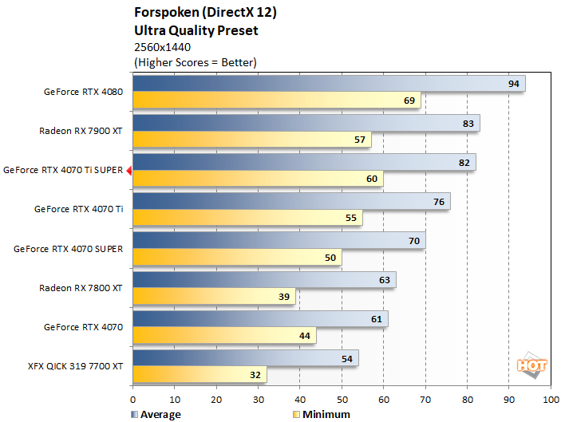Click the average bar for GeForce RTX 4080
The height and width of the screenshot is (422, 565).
(x=328, y=84)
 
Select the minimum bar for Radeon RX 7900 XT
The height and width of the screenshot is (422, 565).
(x=252, y=140)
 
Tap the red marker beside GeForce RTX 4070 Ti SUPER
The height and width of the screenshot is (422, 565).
(x=128, y=169)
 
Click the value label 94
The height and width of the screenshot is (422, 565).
(x=514, y=84)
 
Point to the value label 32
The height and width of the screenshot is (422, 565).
(x=255, y=374)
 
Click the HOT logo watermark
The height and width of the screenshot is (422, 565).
(x=532, y=365)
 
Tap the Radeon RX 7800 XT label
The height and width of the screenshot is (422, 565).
(x=81, y=287)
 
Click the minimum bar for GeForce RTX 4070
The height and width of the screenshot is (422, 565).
(x=224, y=335)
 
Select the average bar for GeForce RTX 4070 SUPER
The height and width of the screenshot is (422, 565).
(x=279, y=240)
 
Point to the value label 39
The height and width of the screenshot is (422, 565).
(x=284, y=296)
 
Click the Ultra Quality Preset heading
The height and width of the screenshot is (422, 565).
(x=197, y=31)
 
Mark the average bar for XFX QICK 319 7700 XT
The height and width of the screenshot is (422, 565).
(x=245, y=357)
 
